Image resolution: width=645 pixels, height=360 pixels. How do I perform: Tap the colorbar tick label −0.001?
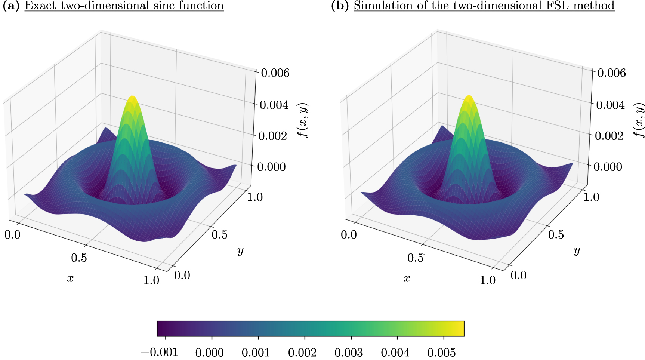(159, 352)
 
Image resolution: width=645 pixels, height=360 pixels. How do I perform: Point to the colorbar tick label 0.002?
(302, 352)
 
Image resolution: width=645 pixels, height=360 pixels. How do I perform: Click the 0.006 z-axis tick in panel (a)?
(275, 73)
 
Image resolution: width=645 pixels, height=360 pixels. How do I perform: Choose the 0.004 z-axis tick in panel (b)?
(610, 105)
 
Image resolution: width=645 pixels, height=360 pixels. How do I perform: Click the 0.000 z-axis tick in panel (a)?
(272, 167)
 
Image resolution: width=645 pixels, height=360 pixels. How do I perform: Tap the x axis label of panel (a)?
(70, 278)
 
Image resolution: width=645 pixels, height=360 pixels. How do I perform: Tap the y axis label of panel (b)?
(577, 250)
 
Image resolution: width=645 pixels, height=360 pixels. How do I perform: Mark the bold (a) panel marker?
(10, 6)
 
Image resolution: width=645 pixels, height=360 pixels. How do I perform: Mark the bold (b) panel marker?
(340, 6)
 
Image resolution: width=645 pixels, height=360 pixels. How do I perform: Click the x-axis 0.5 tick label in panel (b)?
(415, 258)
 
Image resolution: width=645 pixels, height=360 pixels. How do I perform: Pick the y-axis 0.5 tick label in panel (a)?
(219, 234)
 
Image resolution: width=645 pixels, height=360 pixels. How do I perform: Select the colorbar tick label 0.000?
(209, 352)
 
